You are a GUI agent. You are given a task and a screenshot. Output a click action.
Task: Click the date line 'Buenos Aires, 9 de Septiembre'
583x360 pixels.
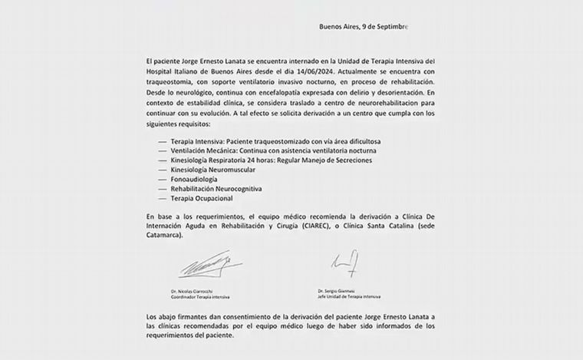(363, 27)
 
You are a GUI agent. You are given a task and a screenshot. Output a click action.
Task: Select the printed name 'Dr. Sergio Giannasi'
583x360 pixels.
(338, 290)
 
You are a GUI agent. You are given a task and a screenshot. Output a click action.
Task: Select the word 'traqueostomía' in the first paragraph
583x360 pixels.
(172, 80)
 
